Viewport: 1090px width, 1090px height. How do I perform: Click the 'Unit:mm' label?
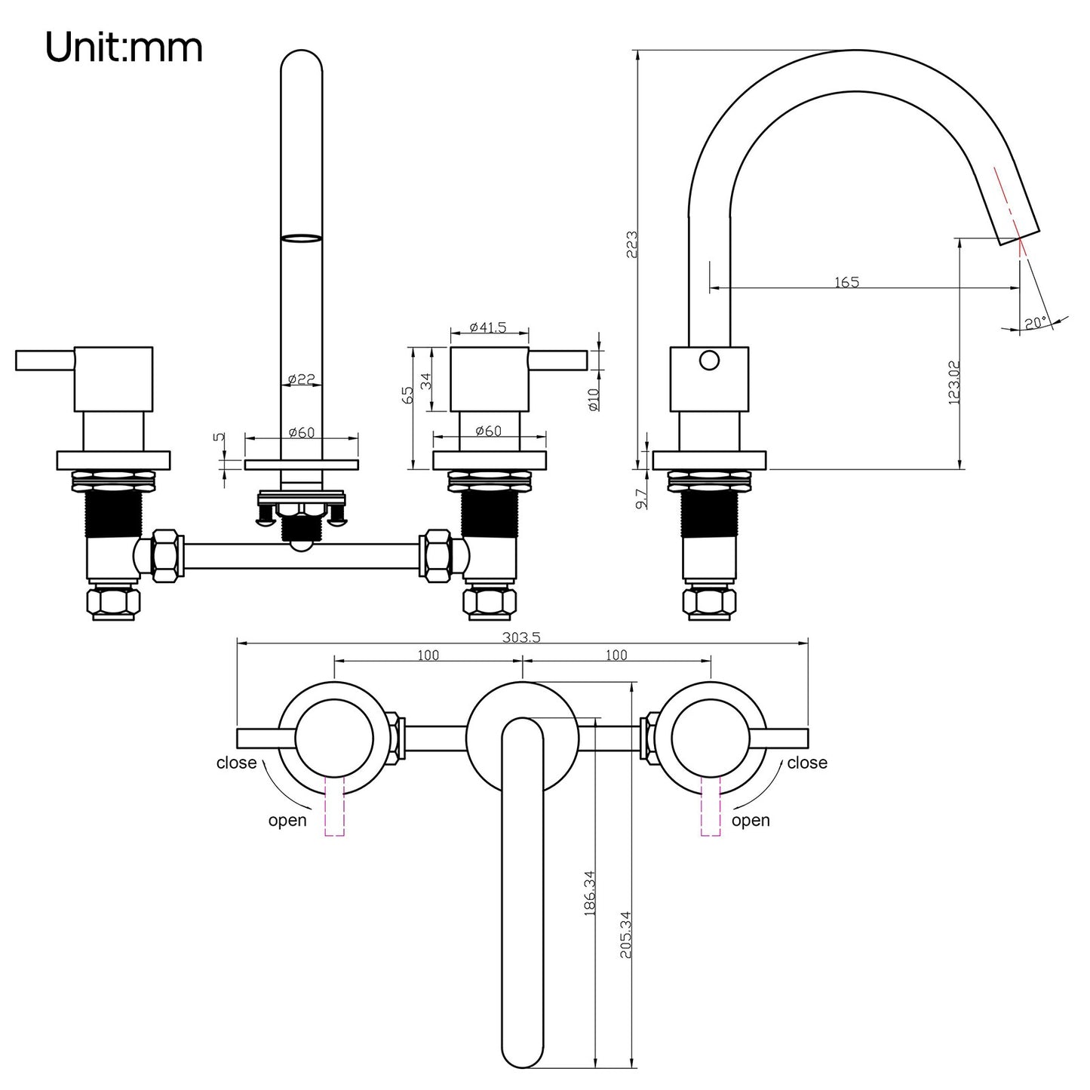[124, 48]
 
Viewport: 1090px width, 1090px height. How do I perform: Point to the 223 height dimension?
[632, 244]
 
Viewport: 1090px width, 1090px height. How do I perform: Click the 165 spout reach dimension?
[846, 282]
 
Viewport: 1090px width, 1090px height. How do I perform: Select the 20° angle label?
[1036, 323]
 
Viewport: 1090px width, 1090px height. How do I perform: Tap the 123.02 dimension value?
[953, 382]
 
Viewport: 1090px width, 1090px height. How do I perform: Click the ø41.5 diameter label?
[488, 327]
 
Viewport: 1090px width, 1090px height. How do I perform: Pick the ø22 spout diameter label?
[301, 379]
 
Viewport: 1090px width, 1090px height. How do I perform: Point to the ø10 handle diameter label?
[593, 399]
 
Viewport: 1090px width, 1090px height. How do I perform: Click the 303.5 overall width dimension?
[521, 637]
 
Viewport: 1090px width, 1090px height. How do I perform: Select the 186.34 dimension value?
[590, 893]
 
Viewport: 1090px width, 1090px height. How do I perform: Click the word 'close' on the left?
[236, 763]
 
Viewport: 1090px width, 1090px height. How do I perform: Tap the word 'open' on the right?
[751, 821]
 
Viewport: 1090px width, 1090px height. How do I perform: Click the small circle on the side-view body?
[709, 361]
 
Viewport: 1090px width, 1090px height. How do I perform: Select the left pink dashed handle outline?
[333, 808]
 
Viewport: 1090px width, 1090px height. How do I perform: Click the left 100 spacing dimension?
[428, 656]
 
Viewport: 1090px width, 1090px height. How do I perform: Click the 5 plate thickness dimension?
[219, 437]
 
